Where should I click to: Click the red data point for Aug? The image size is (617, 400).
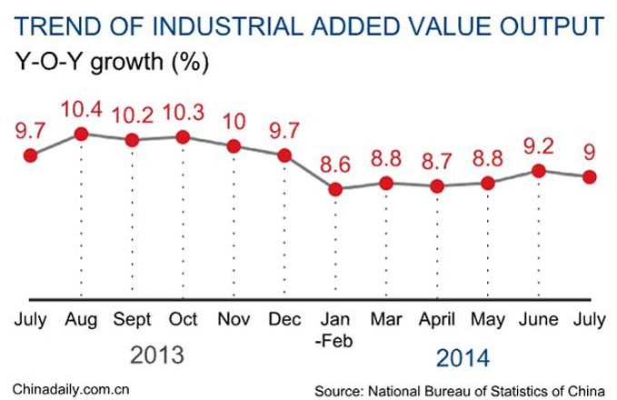pyautogui.click(x=81, y=134)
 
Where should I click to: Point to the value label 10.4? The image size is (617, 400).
pyautogui.click(x=81, y=111)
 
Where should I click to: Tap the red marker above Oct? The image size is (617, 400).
pyautogui.click(x=183, y=136)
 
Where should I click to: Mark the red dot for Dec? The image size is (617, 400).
pyautogui.click(x=284, y=155)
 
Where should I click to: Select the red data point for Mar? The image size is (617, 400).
pyautogui.click(x=386, y=183)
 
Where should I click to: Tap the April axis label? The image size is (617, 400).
pyautogui.click(x=437, y=320)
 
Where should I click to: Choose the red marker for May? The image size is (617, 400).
pyautogui.click(x=488, y=183)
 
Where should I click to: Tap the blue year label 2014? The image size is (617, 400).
pyautogui.click(x=463, y=356)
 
